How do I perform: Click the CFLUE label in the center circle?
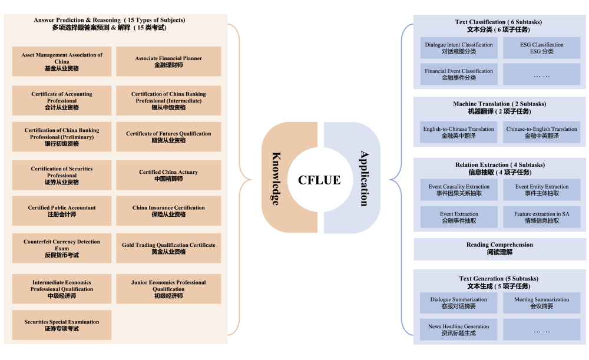[319, 180]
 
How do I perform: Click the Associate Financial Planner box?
[168, 62]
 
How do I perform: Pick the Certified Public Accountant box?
[62, 211]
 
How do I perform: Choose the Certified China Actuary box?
[168, 175]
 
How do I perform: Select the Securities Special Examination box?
[62, 325]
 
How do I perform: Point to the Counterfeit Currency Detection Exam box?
[62, 248]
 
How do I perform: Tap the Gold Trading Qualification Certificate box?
[168, 248]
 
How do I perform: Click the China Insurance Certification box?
[168, 211]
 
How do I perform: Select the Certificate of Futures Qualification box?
[168, 137]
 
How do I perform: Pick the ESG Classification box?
[542, 48]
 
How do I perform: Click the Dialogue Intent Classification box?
[459, 48]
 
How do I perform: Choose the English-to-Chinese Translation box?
[459, 133]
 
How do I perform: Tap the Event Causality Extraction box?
[459, 190]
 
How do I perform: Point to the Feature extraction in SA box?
[542, 217]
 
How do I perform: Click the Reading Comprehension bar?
[500, 249]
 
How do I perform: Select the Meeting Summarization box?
[542, 303]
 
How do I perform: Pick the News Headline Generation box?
[459, 330]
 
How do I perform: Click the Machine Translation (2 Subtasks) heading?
[499, 107]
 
